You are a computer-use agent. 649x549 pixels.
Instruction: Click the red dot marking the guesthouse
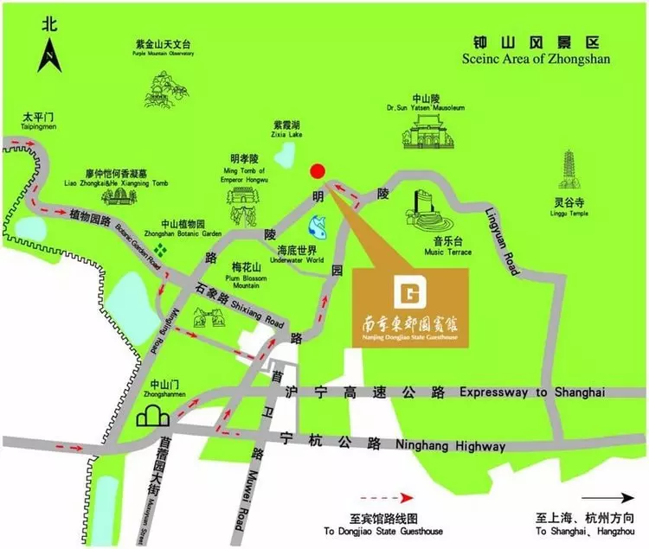[318, 170]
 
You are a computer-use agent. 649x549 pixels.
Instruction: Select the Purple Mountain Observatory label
[163, 48]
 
